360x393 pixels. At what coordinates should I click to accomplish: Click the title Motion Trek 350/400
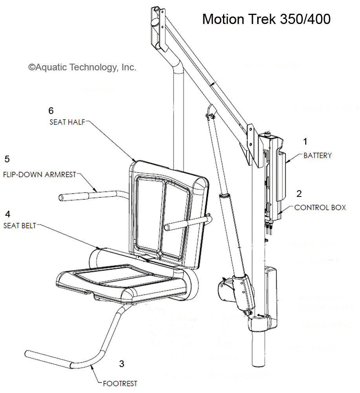point(266,19)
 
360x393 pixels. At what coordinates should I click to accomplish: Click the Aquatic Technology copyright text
point(82,67)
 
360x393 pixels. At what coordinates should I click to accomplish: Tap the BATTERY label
point(317,156)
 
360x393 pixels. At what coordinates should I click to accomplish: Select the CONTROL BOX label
point(320,207)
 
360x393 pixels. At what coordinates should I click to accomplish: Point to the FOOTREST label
point(120,383)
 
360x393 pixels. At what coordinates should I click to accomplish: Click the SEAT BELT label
point(20,226)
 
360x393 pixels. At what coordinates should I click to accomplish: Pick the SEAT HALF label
point(67,122)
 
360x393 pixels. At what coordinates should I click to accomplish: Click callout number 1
point(305,140)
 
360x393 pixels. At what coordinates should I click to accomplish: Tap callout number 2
point(299,193)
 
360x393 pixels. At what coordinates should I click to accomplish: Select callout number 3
point(122,364)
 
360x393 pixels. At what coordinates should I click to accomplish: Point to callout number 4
point(7,214)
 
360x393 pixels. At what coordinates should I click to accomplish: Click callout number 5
point(7,159)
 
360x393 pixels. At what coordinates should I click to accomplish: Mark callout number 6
point(51,110)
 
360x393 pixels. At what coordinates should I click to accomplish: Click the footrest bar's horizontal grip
point(47,359)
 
